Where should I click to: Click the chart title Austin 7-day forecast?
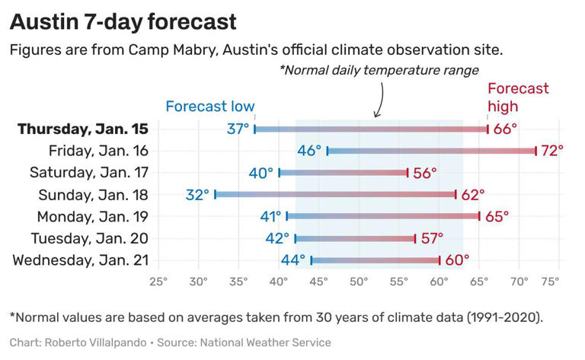click(123, 21)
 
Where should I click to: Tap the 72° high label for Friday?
click(551, 151)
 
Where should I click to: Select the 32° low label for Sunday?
click(197, 195)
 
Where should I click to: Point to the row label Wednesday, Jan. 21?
click(80, 261)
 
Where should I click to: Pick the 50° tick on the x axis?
click(359, 281)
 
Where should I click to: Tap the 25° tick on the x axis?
click(158, 281)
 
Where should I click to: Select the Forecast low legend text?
click(210, 107)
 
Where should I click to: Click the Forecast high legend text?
click(517, 97)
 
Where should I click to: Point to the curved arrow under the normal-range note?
click(379, 99)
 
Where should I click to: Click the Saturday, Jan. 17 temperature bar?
click(343, 173)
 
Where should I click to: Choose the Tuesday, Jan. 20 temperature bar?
click(355, 239)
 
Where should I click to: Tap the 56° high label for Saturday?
click(424, 173)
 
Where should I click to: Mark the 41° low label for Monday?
click(270, 217)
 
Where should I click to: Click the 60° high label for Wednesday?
click(457, 261)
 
